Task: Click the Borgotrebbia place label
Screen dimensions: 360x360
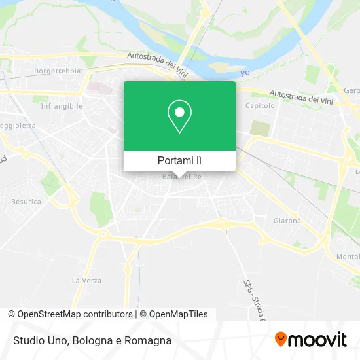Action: [57, 70]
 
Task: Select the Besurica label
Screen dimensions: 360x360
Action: [26, 202]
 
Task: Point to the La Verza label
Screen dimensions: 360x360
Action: [86, 281]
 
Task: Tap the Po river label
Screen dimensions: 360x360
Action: [245, 72]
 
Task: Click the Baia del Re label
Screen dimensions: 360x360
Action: [179, 177]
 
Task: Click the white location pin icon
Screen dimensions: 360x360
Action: [179, 117]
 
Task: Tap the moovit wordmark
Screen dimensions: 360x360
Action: [318, 340]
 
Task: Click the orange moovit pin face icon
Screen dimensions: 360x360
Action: [281, 339]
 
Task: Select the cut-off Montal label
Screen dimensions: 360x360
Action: [348, 256]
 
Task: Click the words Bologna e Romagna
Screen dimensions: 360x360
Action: [123, 340]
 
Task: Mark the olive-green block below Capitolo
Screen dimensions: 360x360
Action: [260, 128]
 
